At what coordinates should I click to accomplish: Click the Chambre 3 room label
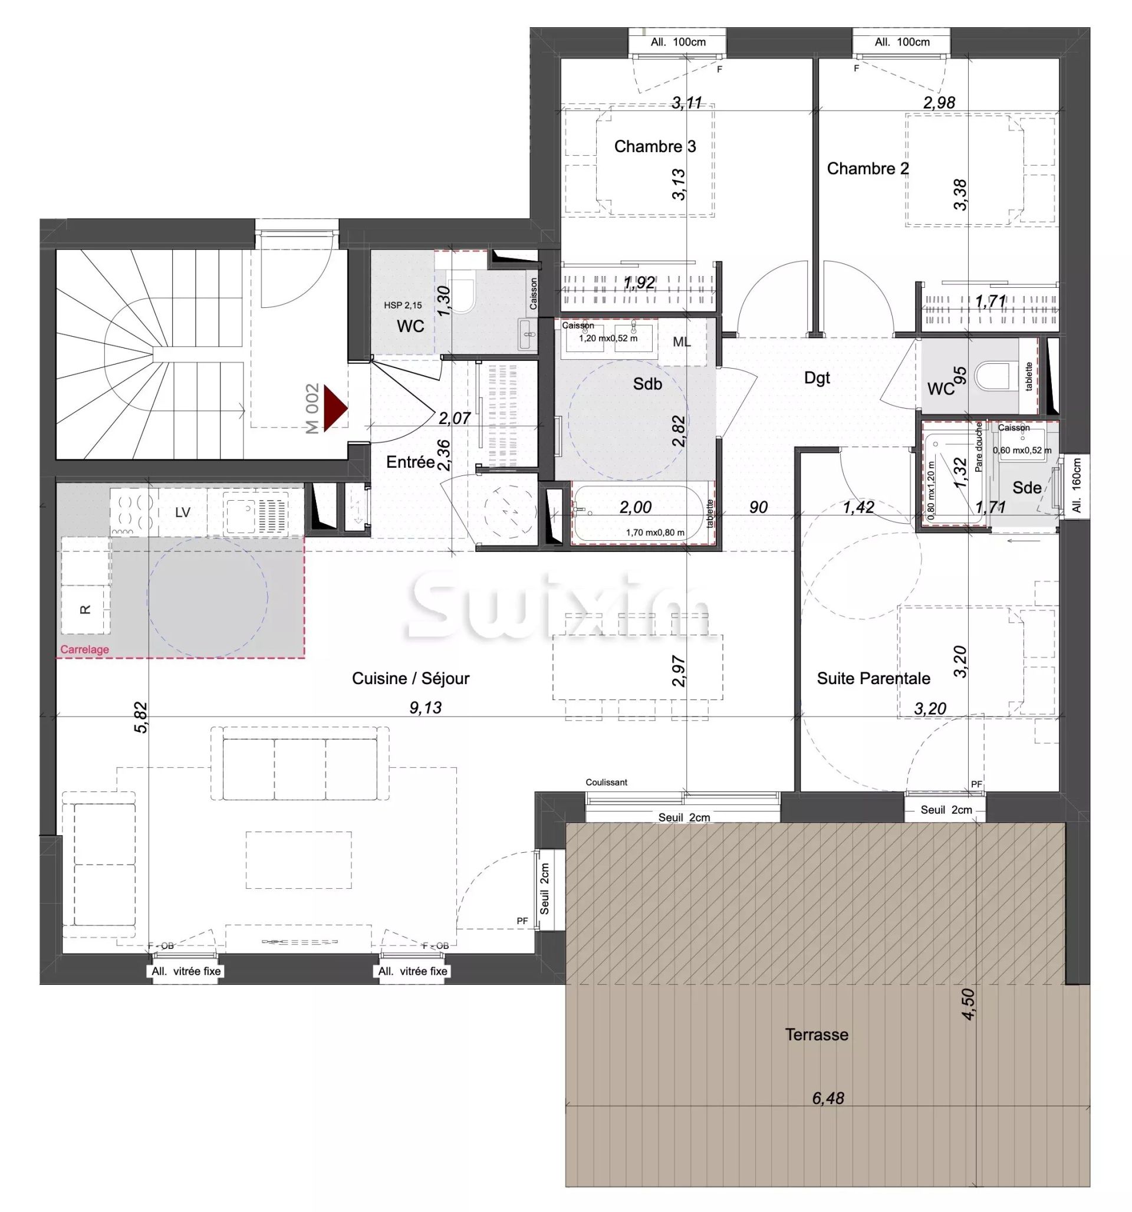[654, 146]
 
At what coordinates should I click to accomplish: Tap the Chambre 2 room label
[867, 168]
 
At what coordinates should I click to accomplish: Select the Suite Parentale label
[873, 678]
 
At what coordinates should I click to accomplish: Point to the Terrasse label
[816, 1034]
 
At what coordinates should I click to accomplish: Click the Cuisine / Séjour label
[410, 678]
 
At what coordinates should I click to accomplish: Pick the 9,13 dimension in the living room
[425, 707]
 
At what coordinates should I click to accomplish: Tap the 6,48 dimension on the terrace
[828, 1098]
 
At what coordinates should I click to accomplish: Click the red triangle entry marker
[334, 408]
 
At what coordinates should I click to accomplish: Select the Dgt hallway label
[817, 378]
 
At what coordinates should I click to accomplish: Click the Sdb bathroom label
[647, 383]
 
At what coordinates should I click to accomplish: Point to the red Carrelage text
[85, 649]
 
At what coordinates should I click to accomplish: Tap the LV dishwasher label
[182, 513]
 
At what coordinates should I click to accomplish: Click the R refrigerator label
[85, 609]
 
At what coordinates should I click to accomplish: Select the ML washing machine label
[682, 342]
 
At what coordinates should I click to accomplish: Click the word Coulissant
[606, 782]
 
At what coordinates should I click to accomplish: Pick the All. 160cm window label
[1077, 485]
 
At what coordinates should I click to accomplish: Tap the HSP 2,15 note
[402, 306]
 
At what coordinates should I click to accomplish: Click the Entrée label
[410, 462]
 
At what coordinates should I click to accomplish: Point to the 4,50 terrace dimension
[968, 1003]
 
